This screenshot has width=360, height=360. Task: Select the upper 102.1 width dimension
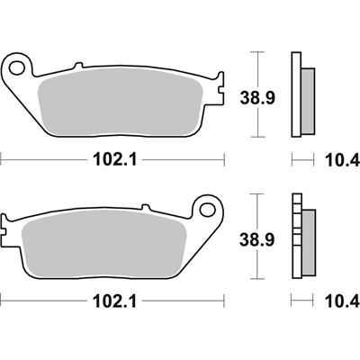point(113,162)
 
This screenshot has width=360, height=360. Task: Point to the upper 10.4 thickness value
point(337,162)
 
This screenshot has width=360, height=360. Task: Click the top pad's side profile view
point(301,94)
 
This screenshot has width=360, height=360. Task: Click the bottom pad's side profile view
point(301,238)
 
